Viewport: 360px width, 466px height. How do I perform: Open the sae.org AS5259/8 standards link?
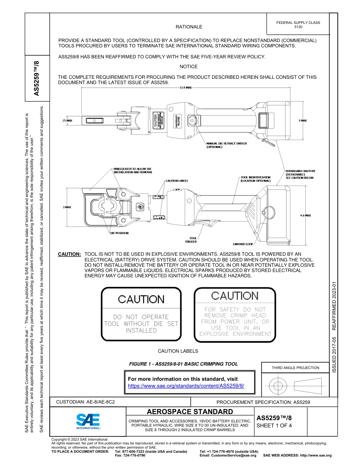pyautogui.click(x=186, y=386)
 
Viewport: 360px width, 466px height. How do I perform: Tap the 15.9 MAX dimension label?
pyautogui.click(x=186, y=87)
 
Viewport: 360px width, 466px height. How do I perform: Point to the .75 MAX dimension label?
pyautogui.click(x=67, y=120)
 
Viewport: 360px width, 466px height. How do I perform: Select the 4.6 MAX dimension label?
pyautogui.click(x=305, y=215)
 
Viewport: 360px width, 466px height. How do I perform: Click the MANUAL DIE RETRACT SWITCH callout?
pyautogui.click(x=226, y=145)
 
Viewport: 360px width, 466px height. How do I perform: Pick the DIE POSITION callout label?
pyautogui.click(x=119, y=233)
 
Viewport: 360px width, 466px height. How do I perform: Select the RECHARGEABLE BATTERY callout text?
pyautogui.click(x=300, y=174)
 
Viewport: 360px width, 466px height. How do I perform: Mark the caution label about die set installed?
pyautogui.click(x=141, y=314)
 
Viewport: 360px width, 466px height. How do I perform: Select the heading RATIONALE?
pyautogui.click(x=189, y=27)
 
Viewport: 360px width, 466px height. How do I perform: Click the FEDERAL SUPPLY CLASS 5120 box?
pyautogui.click(x=298, y=24)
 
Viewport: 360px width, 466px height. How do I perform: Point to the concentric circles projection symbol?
pyautogui.click(x=278, y=386)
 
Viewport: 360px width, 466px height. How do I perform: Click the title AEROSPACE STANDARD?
pyautogui.click(x=190, y=411)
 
